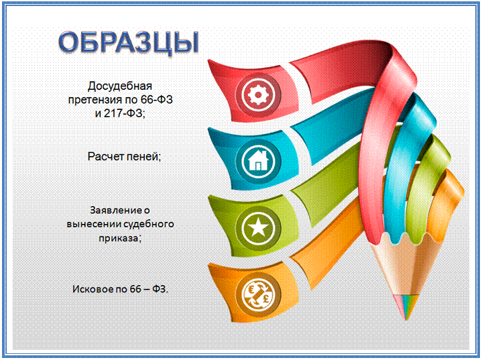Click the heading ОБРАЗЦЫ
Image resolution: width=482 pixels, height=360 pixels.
129,43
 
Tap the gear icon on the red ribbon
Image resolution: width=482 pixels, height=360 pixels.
257,95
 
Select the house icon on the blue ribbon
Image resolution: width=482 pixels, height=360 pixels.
258,160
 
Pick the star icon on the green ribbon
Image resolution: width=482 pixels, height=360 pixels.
258,228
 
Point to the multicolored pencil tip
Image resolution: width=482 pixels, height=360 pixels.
406,307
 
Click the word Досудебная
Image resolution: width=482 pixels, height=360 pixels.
120,86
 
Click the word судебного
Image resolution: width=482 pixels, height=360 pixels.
148,225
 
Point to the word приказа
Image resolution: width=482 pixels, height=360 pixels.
119,239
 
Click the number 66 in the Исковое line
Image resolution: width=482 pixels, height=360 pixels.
135,290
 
